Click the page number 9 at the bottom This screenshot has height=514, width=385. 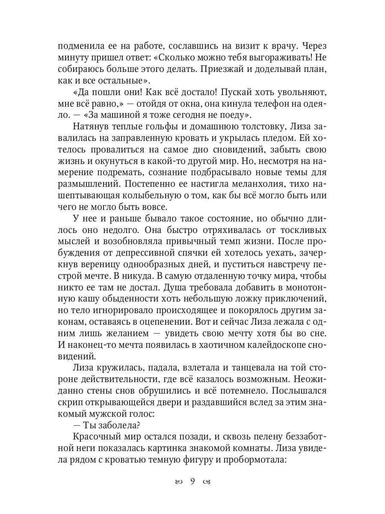[192, 481]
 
